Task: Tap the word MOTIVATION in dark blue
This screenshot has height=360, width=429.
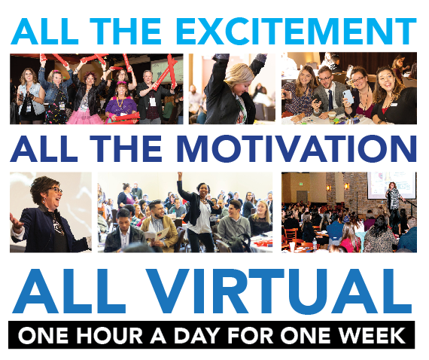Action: [x=297, y=148]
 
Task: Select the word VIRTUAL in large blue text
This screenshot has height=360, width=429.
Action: [x=278, y=291]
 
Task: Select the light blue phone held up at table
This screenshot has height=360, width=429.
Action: [x=348, y=96]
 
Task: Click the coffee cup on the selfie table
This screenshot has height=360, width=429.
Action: [x=332, y=117]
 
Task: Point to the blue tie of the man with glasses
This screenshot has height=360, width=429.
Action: [x=330, y=100]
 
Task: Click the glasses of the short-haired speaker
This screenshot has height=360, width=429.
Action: [x=56, y=189]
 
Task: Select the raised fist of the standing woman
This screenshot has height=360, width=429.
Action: [x=179, y=175]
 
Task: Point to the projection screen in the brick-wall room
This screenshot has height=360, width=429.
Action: [x=391, y=185]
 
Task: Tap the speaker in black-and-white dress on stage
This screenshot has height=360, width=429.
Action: [x=394, y=197]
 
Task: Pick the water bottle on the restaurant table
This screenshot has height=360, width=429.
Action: [x=315, y=243]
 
